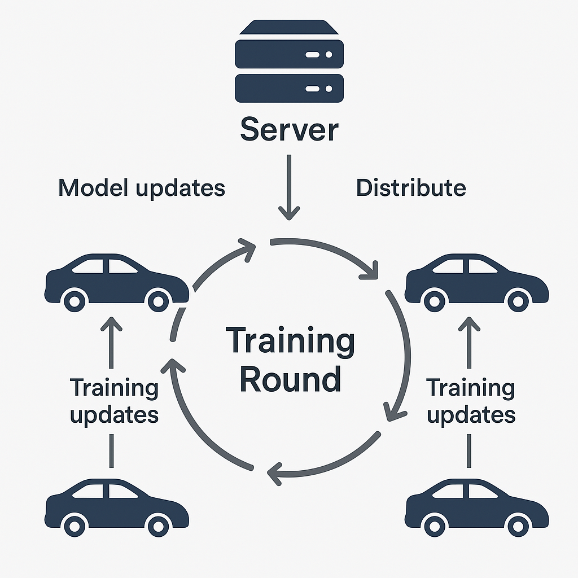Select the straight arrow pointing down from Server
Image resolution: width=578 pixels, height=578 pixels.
289,186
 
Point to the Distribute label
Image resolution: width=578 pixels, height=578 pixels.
411,188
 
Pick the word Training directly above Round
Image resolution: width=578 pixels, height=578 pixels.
290,341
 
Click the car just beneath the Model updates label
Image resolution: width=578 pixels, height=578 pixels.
116,282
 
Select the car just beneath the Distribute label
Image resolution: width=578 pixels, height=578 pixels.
476,282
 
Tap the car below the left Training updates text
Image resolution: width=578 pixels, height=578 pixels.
116,507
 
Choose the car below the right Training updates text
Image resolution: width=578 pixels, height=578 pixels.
476,507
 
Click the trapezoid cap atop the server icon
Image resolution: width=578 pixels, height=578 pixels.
289,28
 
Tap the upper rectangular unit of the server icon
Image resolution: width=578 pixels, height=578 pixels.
289,55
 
